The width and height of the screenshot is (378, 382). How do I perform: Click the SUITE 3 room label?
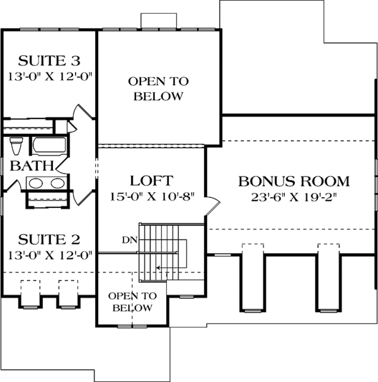tap(49, 61)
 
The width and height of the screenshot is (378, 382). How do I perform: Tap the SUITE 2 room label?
tap(49, 240)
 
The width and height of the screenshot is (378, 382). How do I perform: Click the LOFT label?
tap(151, 180)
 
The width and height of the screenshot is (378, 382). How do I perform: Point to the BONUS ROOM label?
tap(294, 182)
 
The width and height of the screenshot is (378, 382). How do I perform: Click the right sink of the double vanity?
tap(57, 183)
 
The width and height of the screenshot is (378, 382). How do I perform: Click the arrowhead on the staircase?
tap(159, 268)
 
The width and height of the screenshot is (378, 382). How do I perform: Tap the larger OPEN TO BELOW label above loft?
tap(156, 89)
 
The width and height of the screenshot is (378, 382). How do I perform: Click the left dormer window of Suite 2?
tap(28, 293)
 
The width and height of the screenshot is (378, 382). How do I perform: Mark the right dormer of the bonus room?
tap(327, 277)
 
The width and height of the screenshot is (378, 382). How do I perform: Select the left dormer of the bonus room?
tap(250, 277)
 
